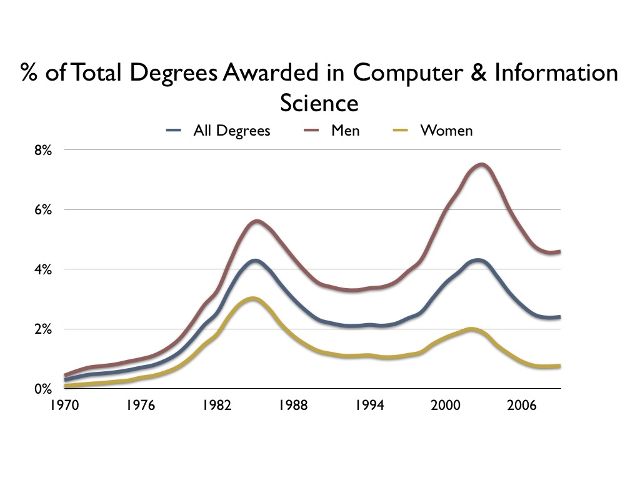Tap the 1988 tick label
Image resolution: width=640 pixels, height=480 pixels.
(292, 405)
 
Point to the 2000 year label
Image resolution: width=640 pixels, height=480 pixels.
(446, 405)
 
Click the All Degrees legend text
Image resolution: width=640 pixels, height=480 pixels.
(232, 131)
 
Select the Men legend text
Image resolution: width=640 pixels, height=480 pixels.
(345, 131)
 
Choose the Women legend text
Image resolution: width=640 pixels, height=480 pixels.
(446, 131)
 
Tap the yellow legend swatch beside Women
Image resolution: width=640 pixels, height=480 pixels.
(403, 131)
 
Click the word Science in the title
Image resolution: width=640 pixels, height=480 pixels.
(319, 102)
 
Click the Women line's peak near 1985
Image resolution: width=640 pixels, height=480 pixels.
(252, 299)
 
